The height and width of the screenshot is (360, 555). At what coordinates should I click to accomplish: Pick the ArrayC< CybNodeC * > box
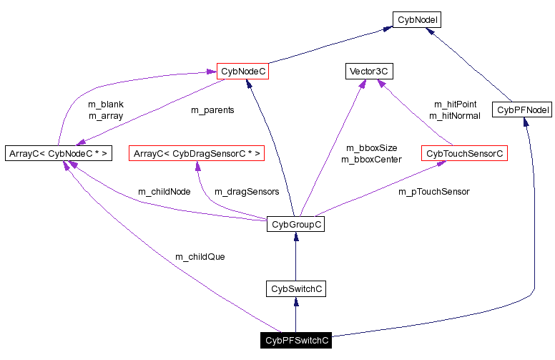point(58,153)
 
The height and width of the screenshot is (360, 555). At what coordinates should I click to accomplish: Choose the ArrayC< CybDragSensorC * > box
point(197,153)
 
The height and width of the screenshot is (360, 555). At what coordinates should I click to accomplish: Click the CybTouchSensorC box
point(464,153)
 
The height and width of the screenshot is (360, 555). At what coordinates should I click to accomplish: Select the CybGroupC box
point(295,225)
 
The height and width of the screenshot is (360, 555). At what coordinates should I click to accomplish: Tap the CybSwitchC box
point(295,289)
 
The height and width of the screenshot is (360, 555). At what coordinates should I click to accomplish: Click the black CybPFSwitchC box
point(296,341)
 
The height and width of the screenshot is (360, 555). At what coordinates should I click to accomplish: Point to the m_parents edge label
point(212,110)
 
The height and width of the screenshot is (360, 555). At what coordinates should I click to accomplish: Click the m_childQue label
point(200,256)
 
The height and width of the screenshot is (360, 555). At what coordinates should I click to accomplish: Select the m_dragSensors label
point(247,192)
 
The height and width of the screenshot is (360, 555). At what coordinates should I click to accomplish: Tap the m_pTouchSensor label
point(433,192)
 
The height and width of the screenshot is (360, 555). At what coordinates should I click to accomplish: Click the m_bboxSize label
point(371,148)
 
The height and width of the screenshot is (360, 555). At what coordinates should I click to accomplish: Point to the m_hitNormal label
point(454,115)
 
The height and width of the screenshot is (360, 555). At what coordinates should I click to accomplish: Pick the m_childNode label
point(164,192)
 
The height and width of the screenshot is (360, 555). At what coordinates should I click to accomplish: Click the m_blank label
point(106,104)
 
